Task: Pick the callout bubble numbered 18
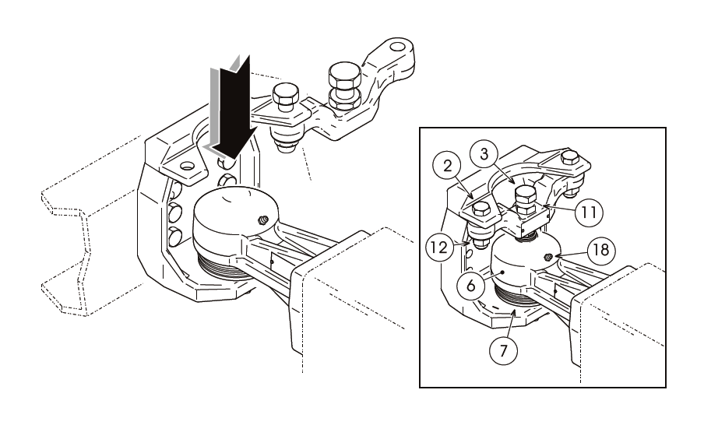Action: [x=600, y=251]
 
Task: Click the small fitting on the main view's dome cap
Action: [x=264, y=221]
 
